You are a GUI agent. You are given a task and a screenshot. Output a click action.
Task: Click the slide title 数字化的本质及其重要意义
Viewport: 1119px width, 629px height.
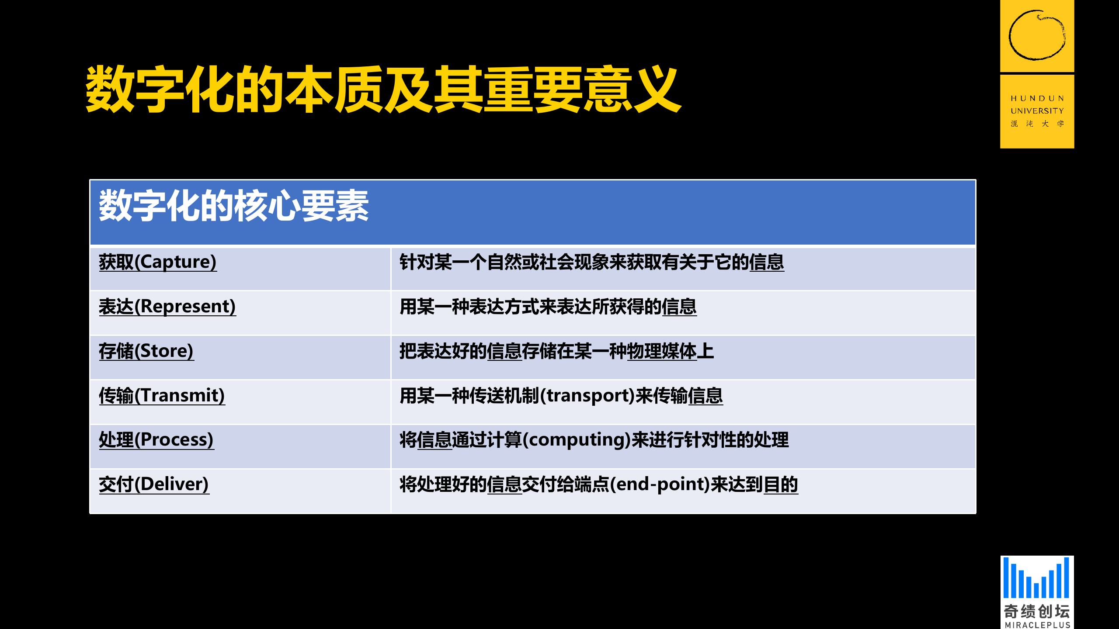[x=383, y=89]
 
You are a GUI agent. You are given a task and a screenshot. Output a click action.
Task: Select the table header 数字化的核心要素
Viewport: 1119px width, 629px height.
[x=234, y=206]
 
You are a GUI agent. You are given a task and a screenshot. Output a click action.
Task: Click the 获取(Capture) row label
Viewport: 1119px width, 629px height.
[x=158, y=262]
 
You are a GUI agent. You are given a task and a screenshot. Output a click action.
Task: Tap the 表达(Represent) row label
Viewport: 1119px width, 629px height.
[x=167, y=307]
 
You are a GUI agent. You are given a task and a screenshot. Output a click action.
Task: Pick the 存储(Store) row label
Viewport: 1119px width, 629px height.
[x=146, y=351]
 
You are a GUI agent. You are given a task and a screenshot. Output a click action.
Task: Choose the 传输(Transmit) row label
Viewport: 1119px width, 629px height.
[x=162, y=396]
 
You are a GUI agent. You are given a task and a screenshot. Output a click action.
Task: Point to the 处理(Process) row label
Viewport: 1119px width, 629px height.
[x=156, y=440]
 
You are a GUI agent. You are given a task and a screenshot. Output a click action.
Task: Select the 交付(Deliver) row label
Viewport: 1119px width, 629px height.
[x=154, y=484]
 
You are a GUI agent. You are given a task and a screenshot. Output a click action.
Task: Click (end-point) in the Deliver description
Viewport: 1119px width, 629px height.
[x=660, y=484]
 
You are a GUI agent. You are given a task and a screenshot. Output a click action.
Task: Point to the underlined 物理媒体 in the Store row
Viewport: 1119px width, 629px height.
[x=661, y=351]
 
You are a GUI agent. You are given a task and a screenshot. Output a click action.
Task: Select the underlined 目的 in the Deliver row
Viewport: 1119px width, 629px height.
[x=781, y=484]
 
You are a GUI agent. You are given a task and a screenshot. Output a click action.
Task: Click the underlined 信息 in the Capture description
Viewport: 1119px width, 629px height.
[x=767, y=262]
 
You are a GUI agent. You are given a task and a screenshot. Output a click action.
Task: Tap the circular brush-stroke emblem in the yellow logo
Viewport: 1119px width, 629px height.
[x=1037, y=35]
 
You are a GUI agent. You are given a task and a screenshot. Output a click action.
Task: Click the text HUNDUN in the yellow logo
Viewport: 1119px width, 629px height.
[x=1037, y=99]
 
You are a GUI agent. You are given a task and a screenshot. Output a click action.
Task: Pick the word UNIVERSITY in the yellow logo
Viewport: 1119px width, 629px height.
[x=1037, y=111]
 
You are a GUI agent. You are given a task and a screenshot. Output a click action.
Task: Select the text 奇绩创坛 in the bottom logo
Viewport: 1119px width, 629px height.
[x=1036, y=611]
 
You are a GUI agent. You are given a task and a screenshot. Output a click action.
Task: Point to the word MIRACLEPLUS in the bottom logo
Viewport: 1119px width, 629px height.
[x=1037, y=625]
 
